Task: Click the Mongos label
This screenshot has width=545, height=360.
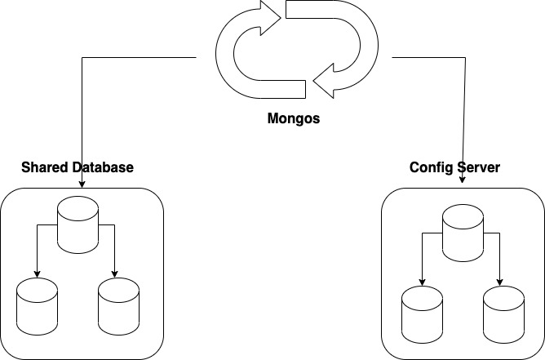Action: [x=294, y=118]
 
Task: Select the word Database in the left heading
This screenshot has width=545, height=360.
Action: [x=104, y=167]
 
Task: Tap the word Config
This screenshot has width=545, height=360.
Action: [x=430, y=167]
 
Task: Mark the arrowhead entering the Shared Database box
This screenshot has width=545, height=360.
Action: [x=84, y=184]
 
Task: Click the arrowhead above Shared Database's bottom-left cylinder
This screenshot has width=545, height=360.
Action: [x=37, y=273]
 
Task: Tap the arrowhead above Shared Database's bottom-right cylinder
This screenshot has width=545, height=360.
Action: [x=115, y=273]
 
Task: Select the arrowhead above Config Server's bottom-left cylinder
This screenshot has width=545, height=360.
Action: [x=422, y=282]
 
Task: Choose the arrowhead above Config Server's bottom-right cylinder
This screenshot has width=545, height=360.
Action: [x=500, y=282]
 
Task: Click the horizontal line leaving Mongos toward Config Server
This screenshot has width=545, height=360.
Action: [x=428, y=58]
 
